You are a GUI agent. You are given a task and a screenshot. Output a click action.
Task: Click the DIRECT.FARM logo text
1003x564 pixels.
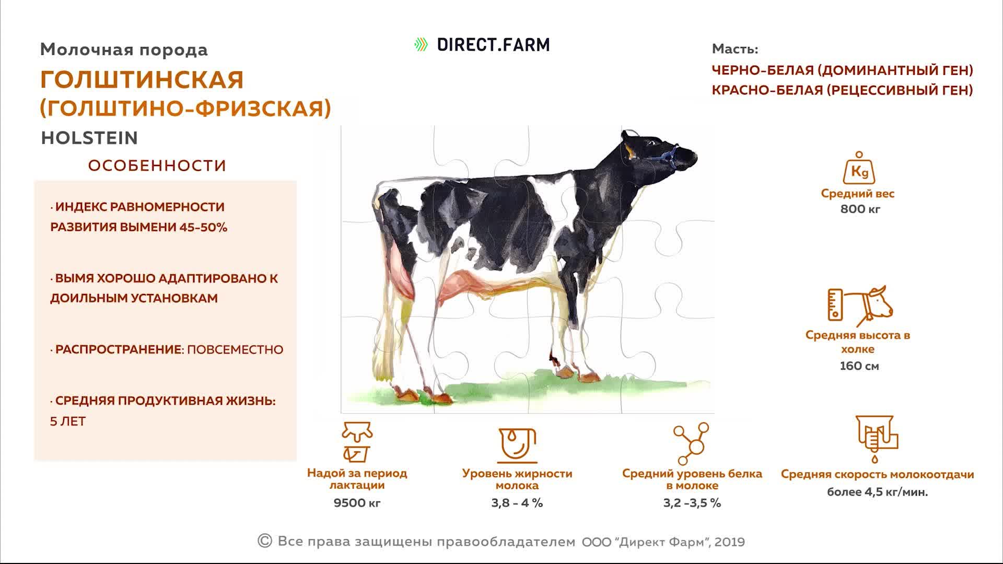pyautogui.click(x=493, y=45)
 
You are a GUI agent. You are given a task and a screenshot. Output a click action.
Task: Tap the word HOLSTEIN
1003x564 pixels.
pyautogui.click(x=89, y=138)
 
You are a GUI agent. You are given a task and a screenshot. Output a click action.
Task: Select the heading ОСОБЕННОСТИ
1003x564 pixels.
pyautogui.click(x=157, y=166)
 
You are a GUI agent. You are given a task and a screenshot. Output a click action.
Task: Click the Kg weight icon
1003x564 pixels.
pyautogui.click(x=859, y=168)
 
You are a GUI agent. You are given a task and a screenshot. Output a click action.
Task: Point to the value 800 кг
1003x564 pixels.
pyautogui.click(x=860, y=209)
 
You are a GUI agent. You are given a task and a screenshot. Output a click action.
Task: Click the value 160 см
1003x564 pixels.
pyautogui.click(x=859, y=366)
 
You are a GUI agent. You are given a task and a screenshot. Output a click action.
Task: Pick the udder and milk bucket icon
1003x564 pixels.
pyautogui.click(x=357, y=442)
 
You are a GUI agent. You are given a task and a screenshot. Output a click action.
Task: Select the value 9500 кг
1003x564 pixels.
pyautogui.click(x=357, y=503)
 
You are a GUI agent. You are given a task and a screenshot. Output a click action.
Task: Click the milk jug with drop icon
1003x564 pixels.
pyautogui.click(x=517, y=445)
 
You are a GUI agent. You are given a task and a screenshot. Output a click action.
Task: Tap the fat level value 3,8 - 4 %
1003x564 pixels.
pyautogui.click(x=517, y=503)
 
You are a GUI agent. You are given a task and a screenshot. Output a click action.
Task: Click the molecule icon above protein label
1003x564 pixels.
pyautogui.click(x=691, y=444)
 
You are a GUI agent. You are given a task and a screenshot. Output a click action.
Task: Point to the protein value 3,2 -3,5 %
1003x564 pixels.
pyautogui.click(x=692, y=503)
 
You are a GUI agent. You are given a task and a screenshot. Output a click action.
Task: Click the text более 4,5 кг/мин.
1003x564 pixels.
pyautogui.click(x=877, y=492)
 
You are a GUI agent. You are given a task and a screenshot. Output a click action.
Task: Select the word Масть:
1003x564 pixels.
pyautogui.click(x=734, y=49)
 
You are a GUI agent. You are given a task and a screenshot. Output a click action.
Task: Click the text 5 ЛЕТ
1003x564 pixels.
pyautogui.click(x=68, y=421)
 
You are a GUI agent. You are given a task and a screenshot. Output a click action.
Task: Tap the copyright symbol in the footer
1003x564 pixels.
pyautogui.click(x=265, y=540)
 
